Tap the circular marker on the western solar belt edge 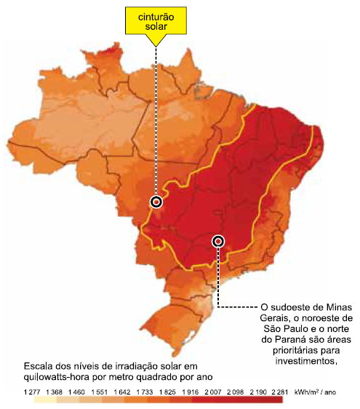click(x=156, y=201)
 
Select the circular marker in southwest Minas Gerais click(x=217, y=240)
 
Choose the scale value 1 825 click(x=166, y=392)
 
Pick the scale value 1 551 click(x=98, y=392)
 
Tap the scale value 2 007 click(x=211, y=392)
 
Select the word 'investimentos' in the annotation click(x=305, y=361)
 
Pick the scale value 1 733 click(x=143, y=392)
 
